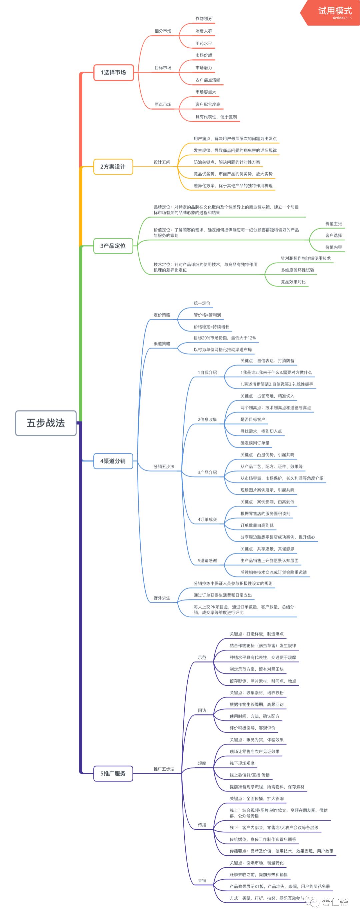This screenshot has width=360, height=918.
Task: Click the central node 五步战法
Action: (46, 423)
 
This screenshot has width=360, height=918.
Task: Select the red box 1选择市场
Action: (113, 73)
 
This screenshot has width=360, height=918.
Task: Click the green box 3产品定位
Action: (113, 246)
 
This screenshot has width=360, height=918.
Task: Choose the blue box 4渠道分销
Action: (113, 461)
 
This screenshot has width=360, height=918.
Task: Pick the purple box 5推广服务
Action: (113, 774)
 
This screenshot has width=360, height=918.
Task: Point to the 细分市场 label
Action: (163, 31)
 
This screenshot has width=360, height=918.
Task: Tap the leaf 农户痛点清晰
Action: (208, 80)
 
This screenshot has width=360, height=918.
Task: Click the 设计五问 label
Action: (162, 162)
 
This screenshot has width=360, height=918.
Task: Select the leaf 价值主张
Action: (333, 224)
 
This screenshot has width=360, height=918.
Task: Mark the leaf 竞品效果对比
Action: (293, 282)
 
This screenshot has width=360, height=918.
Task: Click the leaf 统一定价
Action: (202, 303)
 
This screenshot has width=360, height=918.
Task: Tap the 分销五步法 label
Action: (164, 466)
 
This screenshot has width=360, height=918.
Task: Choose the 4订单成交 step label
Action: (207, 519)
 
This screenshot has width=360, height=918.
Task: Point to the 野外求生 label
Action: (162, 598)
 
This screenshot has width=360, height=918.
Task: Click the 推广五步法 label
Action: (164, 769)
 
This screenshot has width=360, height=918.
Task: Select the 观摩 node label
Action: (202, 763)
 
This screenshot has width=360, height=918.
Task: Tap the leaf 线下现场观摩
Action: (242, 763)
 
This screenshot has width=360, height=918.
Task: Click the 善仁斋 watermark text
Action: (335, 902)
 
